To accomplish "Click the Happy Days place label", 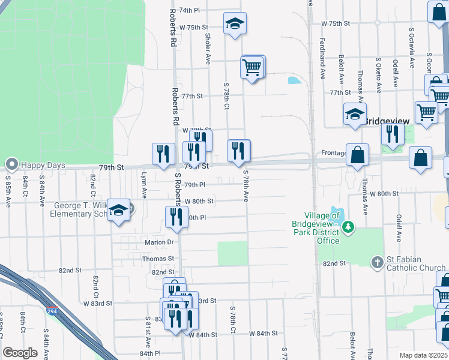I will click(x=40, y=164).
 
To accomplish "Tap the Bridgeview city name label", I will click(x=387, y=121).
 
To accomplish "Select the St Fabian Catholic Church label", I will click(x=415, y=263).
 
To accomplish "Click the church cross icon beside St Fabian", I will click(x=376, y=262).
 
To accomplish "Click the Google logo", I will click(x=20, y=353).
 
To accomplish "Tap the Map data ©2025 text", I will click(x=423, y=355).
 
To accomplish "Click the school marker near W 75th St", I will click(x=235, y=25).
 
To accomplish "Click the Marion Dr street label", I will click(x=158, y=242).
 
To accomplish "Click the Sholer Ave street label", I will click(x=208, y=47).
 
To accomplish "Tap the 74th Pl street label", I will click(x=188, y=10).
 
